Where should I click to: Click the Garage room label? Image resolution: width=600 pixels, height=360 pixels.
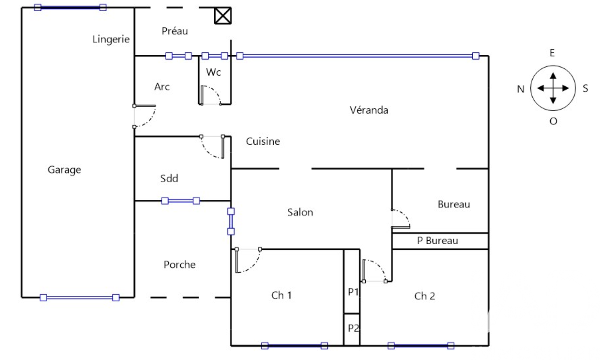[64, 169]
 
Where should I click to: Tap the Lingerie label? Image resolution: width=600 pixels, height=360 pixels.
[111, 39]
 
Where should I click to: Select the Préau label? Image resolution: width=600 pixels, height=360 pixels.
[174, 31]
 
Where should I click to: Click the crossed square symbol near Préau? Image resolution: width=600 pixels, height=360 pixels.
[223, 16]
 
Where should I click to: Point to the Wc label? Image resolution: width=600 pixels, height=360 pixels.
[213, 72]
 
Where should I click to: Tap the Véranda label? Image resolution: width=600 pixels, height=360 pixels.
[369, 110]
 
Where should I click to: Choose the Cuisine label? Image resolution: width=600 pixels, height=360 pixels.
[263, 141]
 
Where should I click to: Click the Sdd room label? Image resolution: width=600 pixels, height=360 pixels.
[169, 178]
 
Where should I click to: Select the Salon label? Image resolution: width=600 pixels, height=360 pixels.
[300, 212]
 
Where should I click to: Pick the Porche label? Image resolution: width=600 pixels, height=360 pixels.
[180, 265]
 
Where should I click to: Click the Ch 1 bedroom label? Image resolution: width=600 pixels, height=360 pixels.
[281, 295]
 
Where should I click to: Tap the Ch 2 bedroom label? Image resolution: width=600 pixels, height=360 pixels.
[424, 296]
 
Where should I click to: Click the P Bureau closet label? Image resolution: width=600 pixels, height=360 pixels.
[437, 241]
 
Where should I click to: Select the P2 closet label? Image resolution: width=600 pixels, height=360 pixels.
[353, 328]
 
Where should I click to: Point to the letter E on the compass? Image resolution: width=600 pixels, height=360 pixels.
[552, 53]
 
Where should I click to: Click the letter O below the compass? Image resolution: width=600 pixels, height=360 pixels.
[553, 121]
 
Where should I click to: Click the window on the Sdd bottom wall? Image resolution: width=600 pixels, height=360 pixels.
[181, 201]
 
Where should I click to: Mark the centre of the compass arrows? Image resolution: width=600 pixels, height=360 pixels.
[553, 88]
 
